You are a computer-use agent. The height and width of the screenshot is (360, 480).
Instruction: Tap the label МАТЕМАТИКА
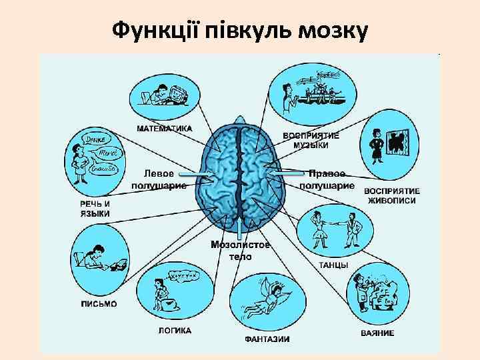(x=165, y=127)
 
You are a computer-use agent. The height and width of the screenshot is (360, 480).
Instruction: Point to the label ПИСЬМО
(x=99, y=304)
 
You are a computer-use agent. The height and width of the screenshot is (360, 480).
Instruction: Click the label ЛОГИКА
(x=175, y=330)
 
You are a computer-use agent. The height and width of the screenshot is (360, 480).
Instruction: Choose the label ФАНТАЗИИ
(x=267, y=339)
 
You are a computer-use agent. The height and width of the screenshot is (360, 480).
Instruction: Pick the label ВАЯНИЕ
(x=377, y=333)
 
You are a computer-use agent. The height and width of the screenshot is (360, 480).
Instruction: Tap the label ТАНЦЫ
(x=333, y=265)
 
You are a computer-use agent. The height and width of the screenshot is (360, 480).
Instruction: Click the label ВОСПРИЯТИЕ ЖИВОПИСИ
(x=391, y=195)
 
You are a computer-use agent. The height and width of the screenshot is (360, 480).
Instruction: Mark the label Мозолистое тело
(x=241, y=250)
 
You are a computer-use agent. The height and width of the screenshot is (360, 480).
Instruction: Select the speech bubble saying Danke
(x=93, y=139)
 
